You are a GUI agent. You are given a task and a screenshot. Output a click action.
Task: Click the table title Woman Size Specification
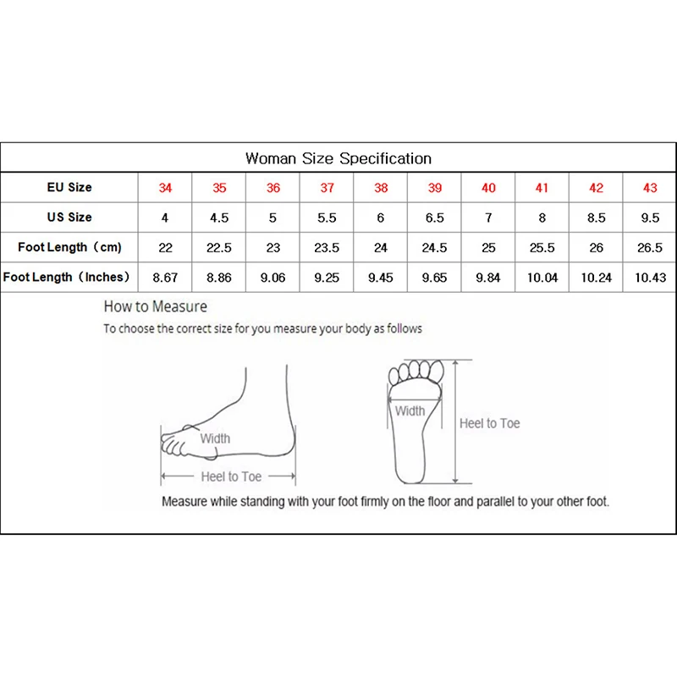coord(338,158)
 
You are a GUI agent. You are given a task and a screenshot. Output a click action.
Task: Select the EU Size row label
coord(69,187)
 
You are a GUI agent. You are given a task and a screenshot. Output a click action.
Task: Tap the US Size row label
coord(69,217)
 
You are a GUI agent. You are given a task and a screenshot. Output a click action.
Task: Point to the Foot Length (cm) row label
coord(69,247)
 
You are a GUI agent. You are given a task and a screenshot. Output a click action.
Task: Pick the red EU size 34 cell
coord(165,188)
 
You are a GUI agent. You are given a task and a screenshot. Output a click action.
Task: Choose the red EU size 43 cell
coord(650,188)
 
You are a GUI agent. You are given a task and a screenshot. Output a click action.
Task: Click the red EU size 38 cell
coord(381,188)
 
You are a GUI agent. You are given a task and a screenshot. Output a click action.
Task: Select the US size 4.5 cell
coord(219,217)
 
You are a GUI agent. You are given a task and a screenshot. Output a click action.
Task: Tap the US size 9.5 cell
coord(650,217)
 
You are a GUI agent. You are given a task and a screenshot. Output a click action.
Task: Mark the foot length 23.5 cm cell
coord(327,248)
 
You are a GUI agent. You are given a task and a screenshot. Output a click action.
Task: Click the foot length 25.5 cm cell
coord(542,248)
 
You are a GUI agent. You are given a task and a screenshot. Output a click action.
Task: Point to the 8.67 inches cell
coord(165,278)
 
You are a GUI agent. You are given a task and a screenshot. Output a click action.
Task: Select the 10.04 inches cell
coord(542,278)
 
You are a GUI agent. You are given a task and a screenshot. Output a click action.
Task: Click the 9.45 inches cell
coord(381,278)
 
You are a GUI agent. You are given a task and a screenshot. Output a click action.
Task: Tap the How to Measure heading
coord(155,306)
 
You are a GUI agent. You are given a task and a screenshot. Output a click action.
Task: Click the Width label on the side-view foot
coord(215,438)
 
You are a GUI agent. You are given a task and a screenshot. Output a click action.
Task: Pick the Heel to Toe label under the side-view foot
coord(231,476)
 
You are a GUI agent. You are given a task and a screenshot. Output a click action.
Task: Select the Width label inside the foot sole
coord(410,411)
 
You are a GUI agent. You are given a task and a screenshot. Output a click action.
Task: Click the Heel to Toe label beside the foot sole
coord(489,423)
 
